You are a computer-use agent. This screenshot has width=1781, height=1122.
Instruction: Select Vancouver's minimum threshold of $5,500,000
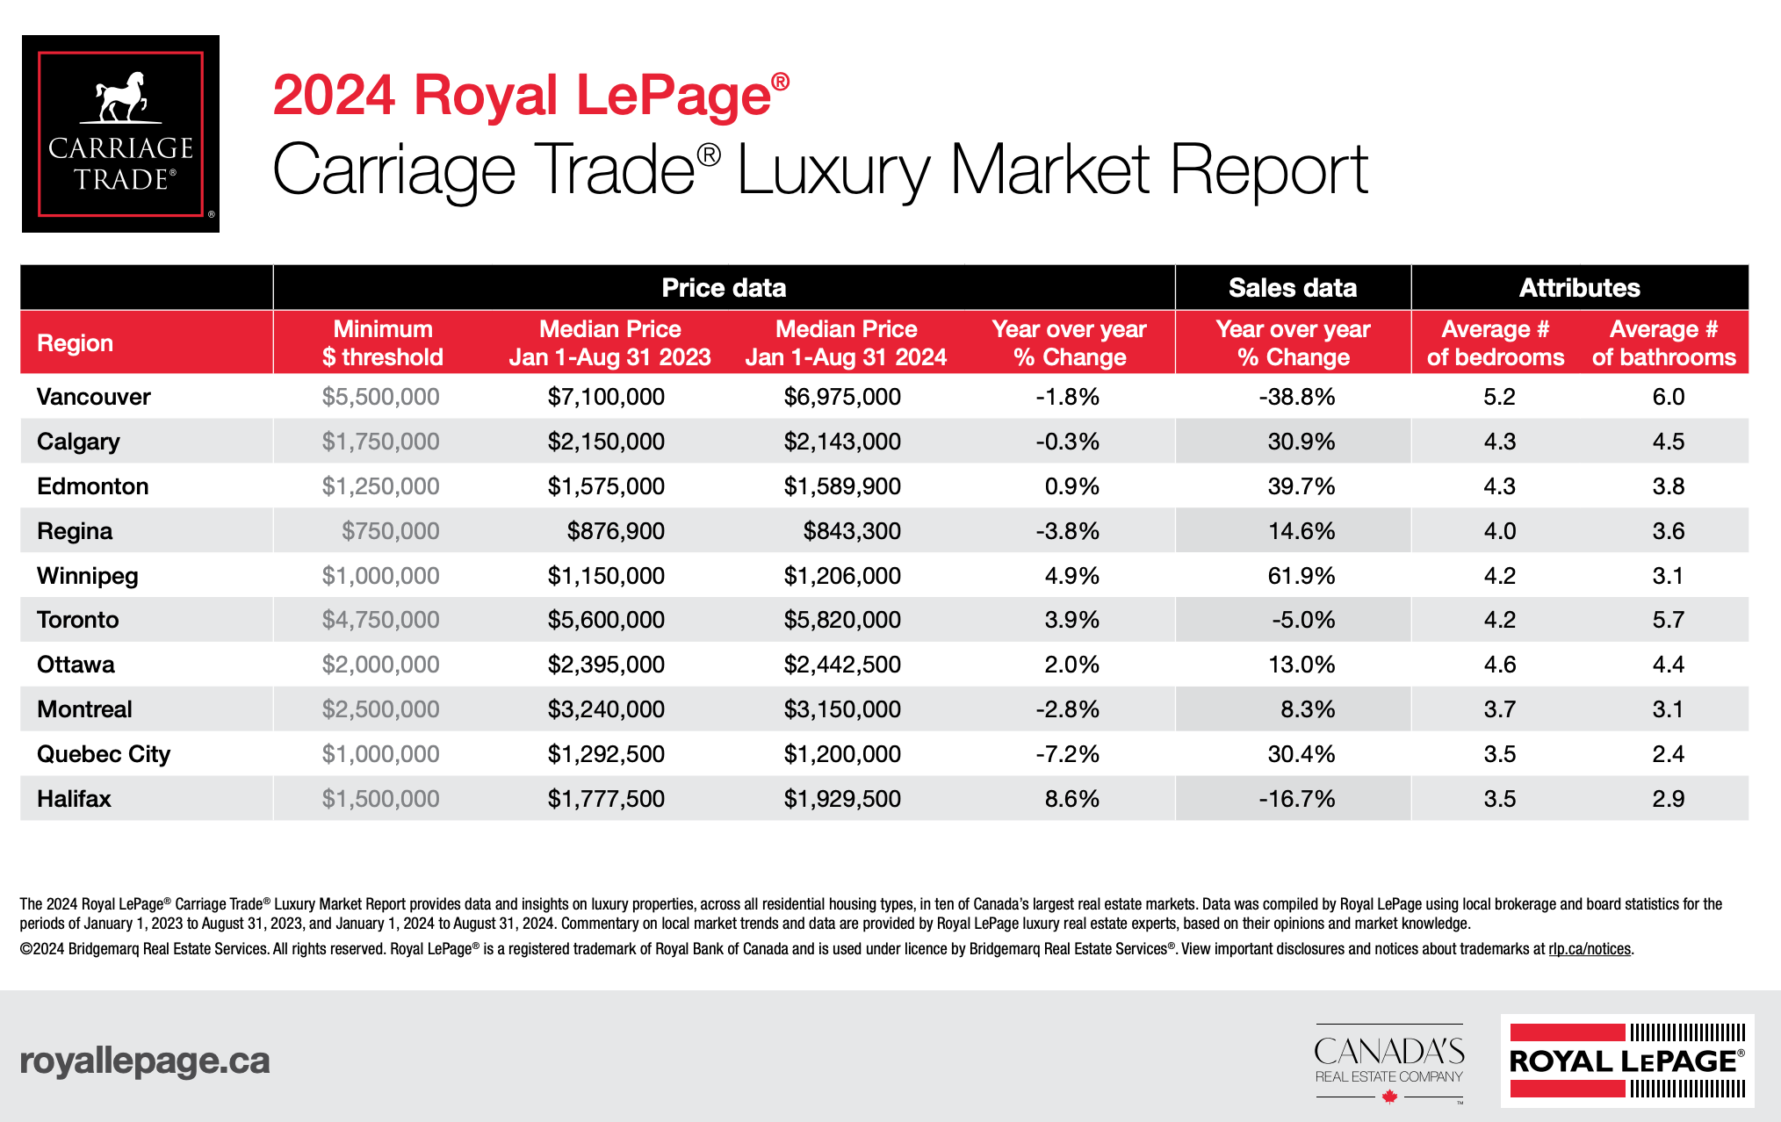click(x=380, y=397)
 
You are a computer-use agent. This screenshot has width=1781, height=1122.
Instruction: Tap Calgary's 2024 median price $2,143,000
click(x=842, y=442)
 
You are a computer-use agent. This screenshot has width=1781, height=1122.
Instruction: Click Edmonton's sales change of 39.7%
click(x=1301, y=486)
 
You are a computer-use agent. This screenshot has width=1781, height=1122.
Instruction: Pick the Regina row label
click(x=75, y=531)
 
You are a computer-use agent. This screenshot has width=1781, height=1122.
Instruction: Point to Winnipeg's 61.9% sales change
click(x=1301, y=576)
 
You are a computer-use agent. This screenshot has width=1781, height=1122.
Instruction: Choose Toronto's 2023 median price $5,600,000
click(x=606, y=620)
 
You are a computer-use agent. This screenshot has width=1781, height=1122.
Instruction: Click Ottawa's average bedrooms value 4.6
click(x=1499, y=665)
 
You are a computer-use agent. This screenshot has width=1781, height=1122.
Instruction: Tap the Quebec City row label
click(x=104, y=754)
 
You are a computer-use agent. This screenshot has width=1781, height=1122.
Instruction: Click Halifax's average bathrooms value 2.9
click(x=1668, y=799)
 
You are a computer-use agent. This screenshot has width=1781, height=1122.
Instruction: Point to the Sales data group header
click(x=1292, y=288)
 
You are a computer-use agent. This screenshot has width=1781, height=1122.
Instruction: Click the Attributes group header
click(x=1579, y=288)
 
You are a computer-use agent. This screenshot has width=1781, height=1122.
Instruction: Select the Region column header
click(x=76, y=343)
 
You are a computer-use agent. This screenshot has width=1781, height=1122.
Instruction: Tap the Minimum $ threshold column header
click(x=382, y=343)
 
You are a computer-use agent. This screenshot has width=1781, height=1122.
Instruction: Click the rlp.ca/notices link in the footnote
click(x=1590, y=949)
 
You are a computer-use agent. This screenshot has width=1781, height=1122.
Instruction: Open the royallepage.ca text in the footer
click(x=145, y=1061)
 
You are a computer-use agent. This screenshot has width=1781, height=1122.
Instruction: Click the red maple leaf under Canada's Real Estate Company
click(x=1389, y=1097)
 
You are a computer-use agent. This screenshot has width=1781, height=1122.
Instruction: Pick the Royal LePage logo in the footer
click(x=1626, y=1061)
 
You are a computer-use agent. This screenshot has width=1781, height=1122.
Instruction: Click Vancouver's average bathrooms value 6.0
click(x=1668, y=397)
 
